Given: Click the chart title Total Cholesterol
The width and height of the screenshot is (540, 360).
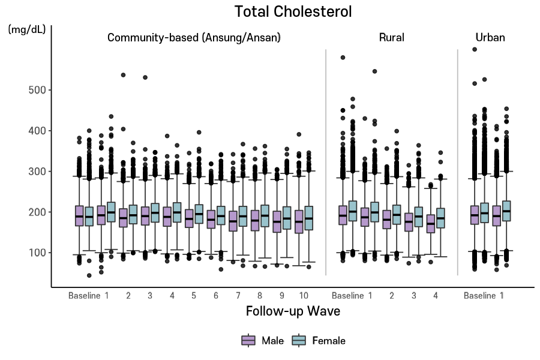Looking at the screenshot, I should (293, 11).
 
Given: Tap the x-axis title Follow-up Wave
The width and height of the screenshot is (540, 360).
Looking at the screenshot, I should (293, 311).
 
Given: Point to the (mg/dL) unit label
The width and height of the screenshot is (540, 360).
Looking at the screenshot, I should (26, 29).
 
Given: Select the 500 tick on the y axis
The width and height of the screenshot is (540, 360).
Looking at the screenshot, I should (38, 90).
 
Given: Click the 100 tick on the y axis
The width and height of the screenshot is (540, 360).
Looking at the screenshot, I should (38, 253).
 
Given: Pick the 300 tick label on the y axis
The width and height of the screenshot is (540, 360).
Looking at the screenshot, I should (38, 172).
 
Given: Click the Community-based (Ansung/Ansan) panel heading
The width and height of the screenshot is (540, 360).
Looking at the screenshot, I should (194, 37).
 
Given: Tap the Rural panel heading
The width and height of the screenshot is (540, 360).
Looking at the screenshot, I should (391, 37).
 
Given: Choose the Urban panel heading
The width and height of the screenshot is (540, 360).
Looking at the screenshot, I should (490, 37).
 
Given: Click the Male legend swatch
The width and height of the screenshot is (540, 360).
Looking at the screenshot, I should (248, 341).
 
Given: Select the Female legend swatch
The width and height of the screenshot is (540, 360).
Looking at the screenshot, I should (299, 341).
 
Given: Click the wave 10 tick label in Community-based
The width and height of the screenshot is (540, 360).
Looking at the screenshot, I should (304, 295).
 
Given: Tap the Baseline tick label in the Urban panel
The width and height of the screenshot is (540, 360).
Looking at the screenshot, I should (479, 295).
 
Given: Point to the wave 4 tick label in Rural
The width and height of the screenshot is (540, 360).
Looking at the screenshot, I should (436, 295).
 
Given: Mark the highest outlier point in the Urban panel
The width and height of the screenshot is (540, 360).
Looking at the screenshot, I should (474, 50).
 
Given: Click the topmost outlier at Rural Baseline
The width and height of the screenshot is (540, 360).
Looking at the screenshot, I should (343, 58).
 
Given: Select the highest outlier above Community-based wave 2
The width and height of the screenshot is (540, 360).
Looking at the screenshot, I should (123, 75).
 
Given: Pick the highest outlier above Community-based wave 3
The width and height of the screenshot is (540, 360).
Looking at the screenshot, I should (145, 77).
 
